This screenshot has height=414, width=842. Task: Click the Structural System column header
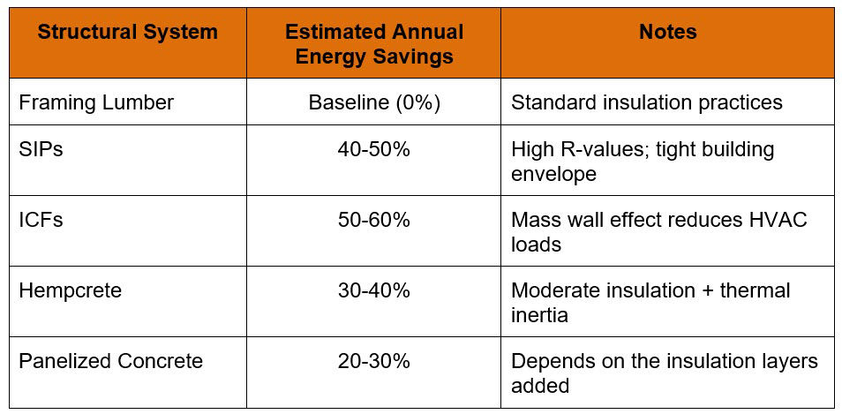point(127,33)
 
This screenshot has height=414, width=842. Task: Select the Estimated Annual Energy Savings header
point(373,44)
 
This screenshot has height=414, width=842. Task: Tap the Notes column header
point(667,33)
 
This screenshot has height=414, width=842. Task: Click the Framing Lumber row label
point(96,102)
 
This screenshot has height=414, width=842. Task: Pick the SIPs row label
point(41,149)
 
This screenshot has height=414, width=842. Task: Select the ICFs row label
point(41,220)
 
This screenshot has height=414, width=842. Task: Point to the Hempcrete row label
point(71,290)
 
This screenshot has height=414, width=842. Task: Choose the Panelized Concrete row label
point(111,361)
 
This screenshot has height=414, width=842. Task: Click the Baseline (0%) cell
point(373,102)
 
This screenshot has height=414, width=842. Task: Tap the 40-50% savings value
point(373,149)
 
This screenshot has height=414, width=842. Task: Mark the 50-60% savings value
point(373,220)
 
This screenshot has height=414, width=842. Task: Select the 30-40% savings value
point(373,290)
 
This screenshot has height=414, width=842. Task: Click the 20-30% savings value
point(373,361)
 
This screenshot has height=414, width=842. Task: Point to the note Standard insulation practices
point(646,102)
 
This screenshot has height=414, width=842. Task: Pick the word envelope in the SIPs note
point(553,174)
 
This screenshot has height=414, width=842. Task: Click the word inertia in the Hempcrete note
point(540,315)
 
